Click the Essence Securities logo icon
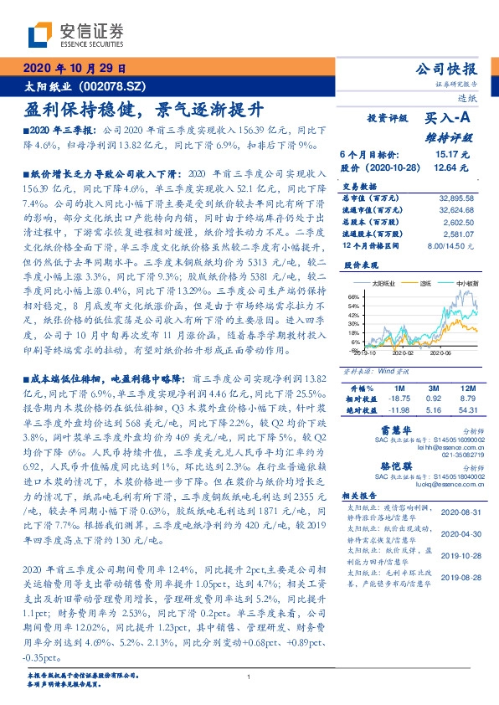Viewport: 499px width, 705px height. pyautogui.click(x=39, y=34)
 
